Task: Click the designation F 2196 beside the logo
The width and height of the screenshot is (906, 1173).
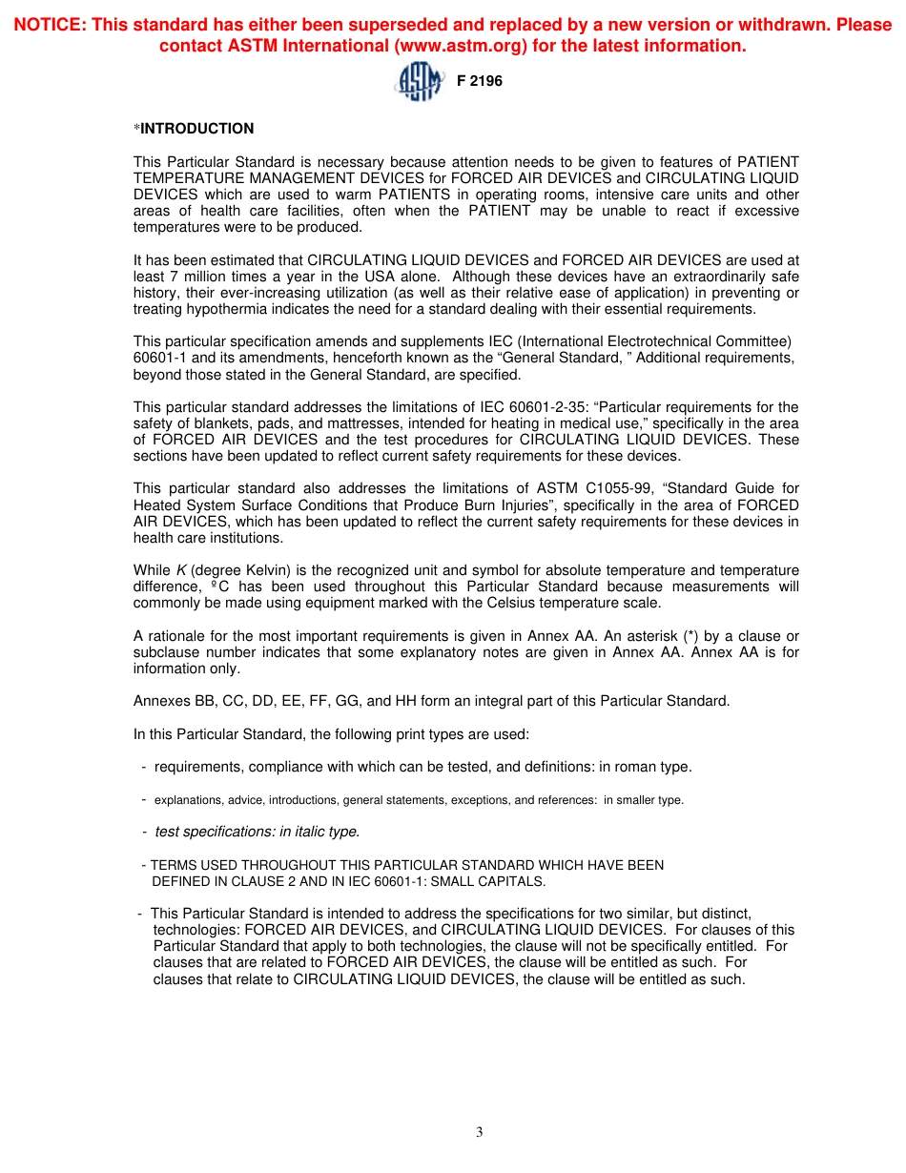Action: pos(479,81)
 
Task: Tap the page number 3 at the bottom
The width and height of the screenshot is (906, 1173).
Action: pos(480,1132)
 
